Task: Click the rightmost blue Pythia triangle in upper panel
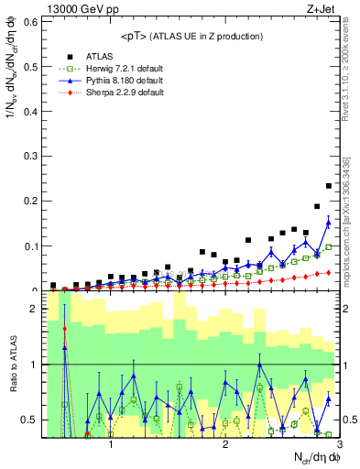point(328,221)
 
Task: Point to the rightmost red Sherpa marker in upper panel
point(328,272)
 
